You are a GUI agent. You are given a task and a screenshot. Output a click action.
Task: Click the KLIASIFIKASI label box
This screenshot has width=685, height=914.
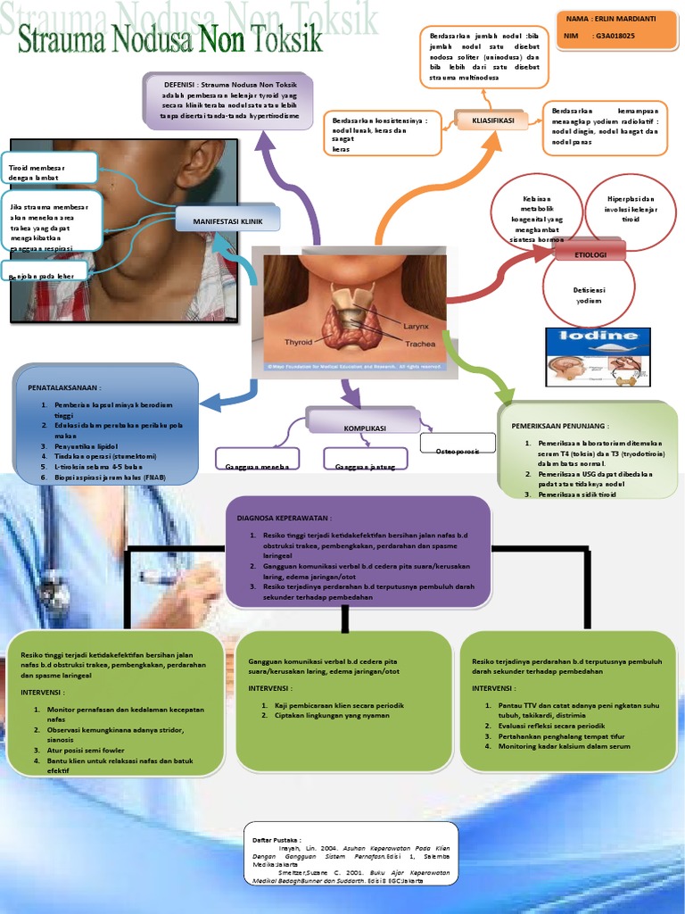coord(494,120)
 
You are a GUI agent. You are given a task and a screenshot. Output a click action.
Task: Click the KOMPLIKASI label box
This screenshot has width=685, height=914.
coord(364,428)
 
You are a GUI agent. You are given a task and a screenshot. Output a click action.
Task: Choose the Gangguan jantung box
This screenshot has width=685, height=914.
coord(365,461)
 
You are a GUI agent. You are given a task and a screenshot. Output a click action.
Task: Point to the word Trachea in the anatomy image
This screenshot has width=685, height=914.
coord(420,344)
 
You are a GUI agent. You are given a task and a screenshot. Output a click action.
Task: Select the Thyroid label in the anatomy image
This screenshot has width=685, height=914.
coord(299,342)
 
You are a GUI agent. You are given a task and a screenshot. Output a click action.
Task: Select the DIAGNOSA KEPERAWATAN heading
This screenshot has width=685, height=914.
coord(284,518)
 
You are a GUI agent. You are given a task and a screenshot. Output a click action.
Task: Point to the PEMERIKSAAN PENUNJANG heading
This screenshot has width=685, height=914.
coord(559,427)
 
